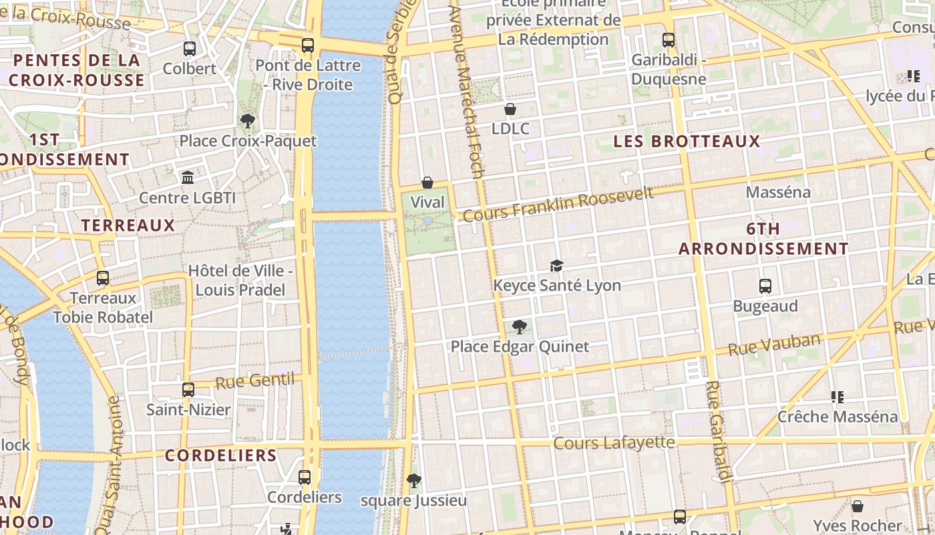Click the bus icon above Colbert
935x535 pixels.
(x=190, y=49)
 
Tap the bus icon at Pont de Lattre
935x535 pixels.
(x=307, y=45)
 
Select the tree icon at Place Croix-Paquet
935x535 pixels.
(x=248, y=121)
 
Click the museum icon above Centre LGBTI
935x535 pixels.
(x=188, y=178)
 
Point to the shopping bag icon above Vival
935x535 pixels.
(x=427, y=183)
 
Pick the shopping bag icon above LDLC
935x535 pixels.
(x=510, y=109)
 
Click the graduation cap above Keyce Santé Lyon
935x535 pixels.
(x=556, y=266)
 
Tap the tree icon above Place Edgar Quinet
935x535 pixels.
(x=520, y=327)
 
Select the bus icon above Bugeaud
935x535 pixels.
(x=765, y=286)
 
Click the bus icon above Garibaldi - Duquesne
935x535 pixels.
(x=669, y=40)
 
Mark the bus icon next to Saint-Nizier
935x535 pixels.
(x=188, y=389)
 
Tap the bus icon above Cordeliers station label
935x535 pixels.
(x=305, y=477)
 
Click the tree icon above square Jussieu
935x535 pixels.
(x=414, y=481)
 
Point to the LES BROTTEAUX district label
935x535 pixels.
(x=687, y=141)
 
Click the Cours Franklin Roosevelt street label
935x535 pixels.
(x=558, y=204)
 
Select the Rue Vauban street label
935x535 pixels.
(x=773, y=345)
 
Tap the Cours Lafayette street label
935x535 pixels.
(x=614, y=443)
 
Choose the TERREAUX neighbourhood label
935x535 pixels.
(x=128, y=225)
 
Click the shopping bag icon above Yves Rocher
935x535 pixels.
(x=858, y=506)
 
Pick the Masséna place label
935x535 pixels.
(x=778, y=193)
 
